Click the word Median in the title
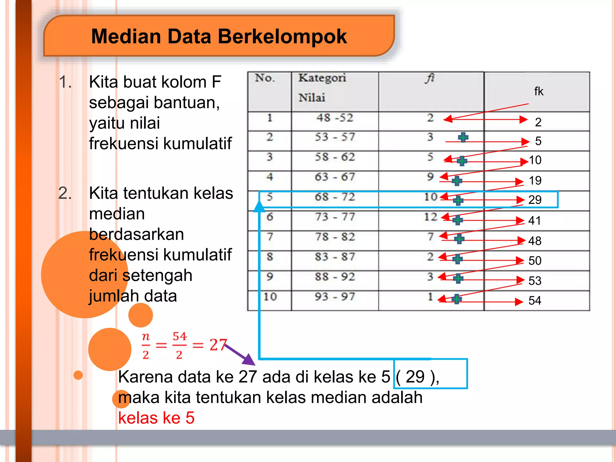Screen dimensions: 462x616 [126, 36]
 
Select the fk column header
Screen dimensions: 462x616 [538, 91]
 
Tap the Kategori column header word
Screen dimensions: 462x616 [322, 78]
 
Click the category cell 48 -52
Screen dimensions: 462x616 [334, 118]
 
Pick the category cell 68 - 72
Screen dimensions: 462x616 [335, 197]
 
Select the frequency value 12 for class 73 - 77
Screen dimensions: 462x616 [430, 217]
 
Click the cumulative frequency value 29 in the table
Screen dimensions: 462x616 [535, 200]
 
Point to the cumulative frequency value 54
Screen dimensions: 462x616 [535, 300]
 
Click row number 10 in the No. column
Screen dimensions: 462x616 [270, 297]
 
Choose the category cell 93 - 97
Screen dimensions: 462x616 [335, 297]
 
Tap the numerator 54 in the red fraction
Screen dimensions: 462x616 [180, 336]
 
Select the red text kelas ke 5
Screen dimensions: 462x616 [156, 418]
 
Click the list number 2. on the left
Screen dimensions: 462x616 [65, 193]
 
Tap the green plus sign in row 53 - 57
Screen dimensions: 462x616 [463, 137]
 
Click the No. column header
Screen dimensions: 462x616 [265, 78]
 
